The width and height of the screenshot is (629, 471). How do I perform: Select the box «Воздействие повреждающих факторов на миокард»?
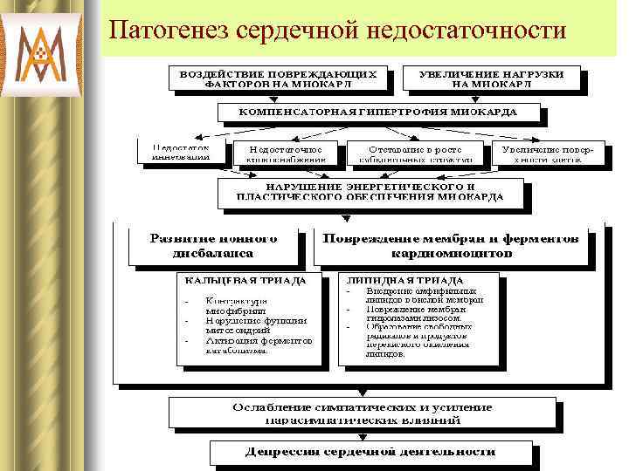[x=279, y=79]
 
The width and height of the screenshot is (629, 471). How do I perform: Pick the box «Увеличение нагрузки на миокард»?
[x=496, y=79]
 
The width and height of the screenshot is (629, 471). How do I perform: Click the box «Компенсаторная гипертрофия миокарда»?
[x=378, y=113]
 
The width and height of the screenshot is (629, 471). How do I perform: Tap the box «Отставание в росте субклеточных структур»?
[x=414, y=153]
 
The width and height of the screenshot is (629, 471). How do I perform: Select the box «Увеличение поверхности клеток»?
[x=547, y=153]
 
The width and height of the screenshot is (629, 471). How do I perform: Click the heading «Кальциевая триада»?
[x=243, y=281]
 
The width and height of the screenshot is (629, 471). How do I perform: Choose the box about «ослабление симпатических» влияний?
[x=362, y=413]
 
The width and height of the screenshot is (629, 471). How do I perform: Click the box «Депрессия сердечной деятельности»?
[x=369, y=452]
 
